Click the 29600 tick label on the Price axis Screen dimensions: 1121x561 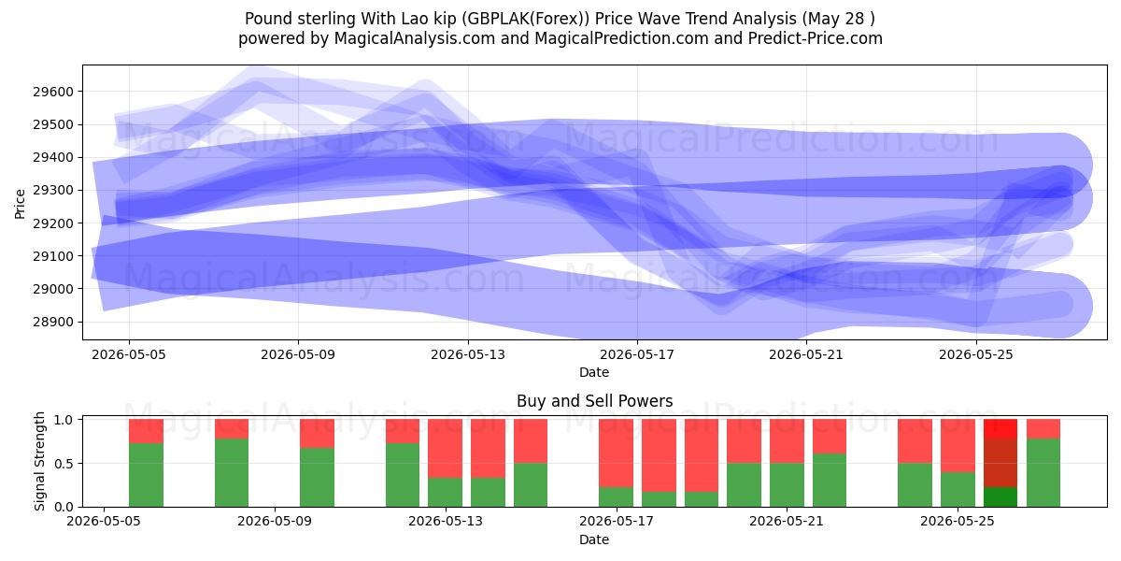(x=53, y=92)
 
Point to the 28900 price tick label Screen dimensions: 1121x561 (x=53, y=322)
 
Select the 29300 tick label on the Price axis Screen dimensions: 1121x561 (x=53, y=191)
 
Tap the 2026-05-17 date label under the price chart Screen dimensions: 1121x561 (x=637, y=354)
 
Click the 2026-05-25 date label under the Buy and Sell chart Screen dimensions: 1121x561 (x=958, y=521)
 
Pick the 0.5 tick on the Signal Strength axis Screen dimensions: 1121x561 (x=64, y=464)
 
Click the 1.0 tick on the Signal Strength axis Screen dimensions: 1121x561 (x=64, y=419)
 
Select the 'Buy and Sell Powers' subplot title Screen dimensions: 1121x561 (x=594, y=401)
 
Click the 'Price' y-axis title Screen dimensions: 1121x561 (x=20, y=204)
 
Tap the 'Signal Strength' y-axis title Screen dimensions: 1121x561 (x=39, y=461)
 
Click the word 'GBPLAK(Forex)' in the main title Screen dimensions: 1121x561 (x=525, y=19)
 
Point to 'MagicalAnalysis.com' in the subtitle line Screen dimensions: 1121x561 (x=415, y=38)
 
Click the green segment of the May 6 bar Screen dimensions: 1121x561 (x=146, y=475)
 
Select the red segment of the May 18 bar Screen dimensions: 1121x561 (x=659, y=455)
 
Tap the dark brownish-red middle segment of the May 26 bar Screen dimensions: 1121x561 (x=1000, y=463)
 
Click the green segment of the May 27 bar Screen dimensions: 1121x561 (x=1043, y=473)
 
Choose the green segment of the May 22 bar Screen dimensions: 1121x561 (x=830, y=481)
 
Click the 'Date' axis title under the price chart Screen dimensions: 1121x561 (x=594, y=373)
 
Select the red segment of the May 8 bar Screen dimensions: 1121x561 (x=232, y=429)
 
